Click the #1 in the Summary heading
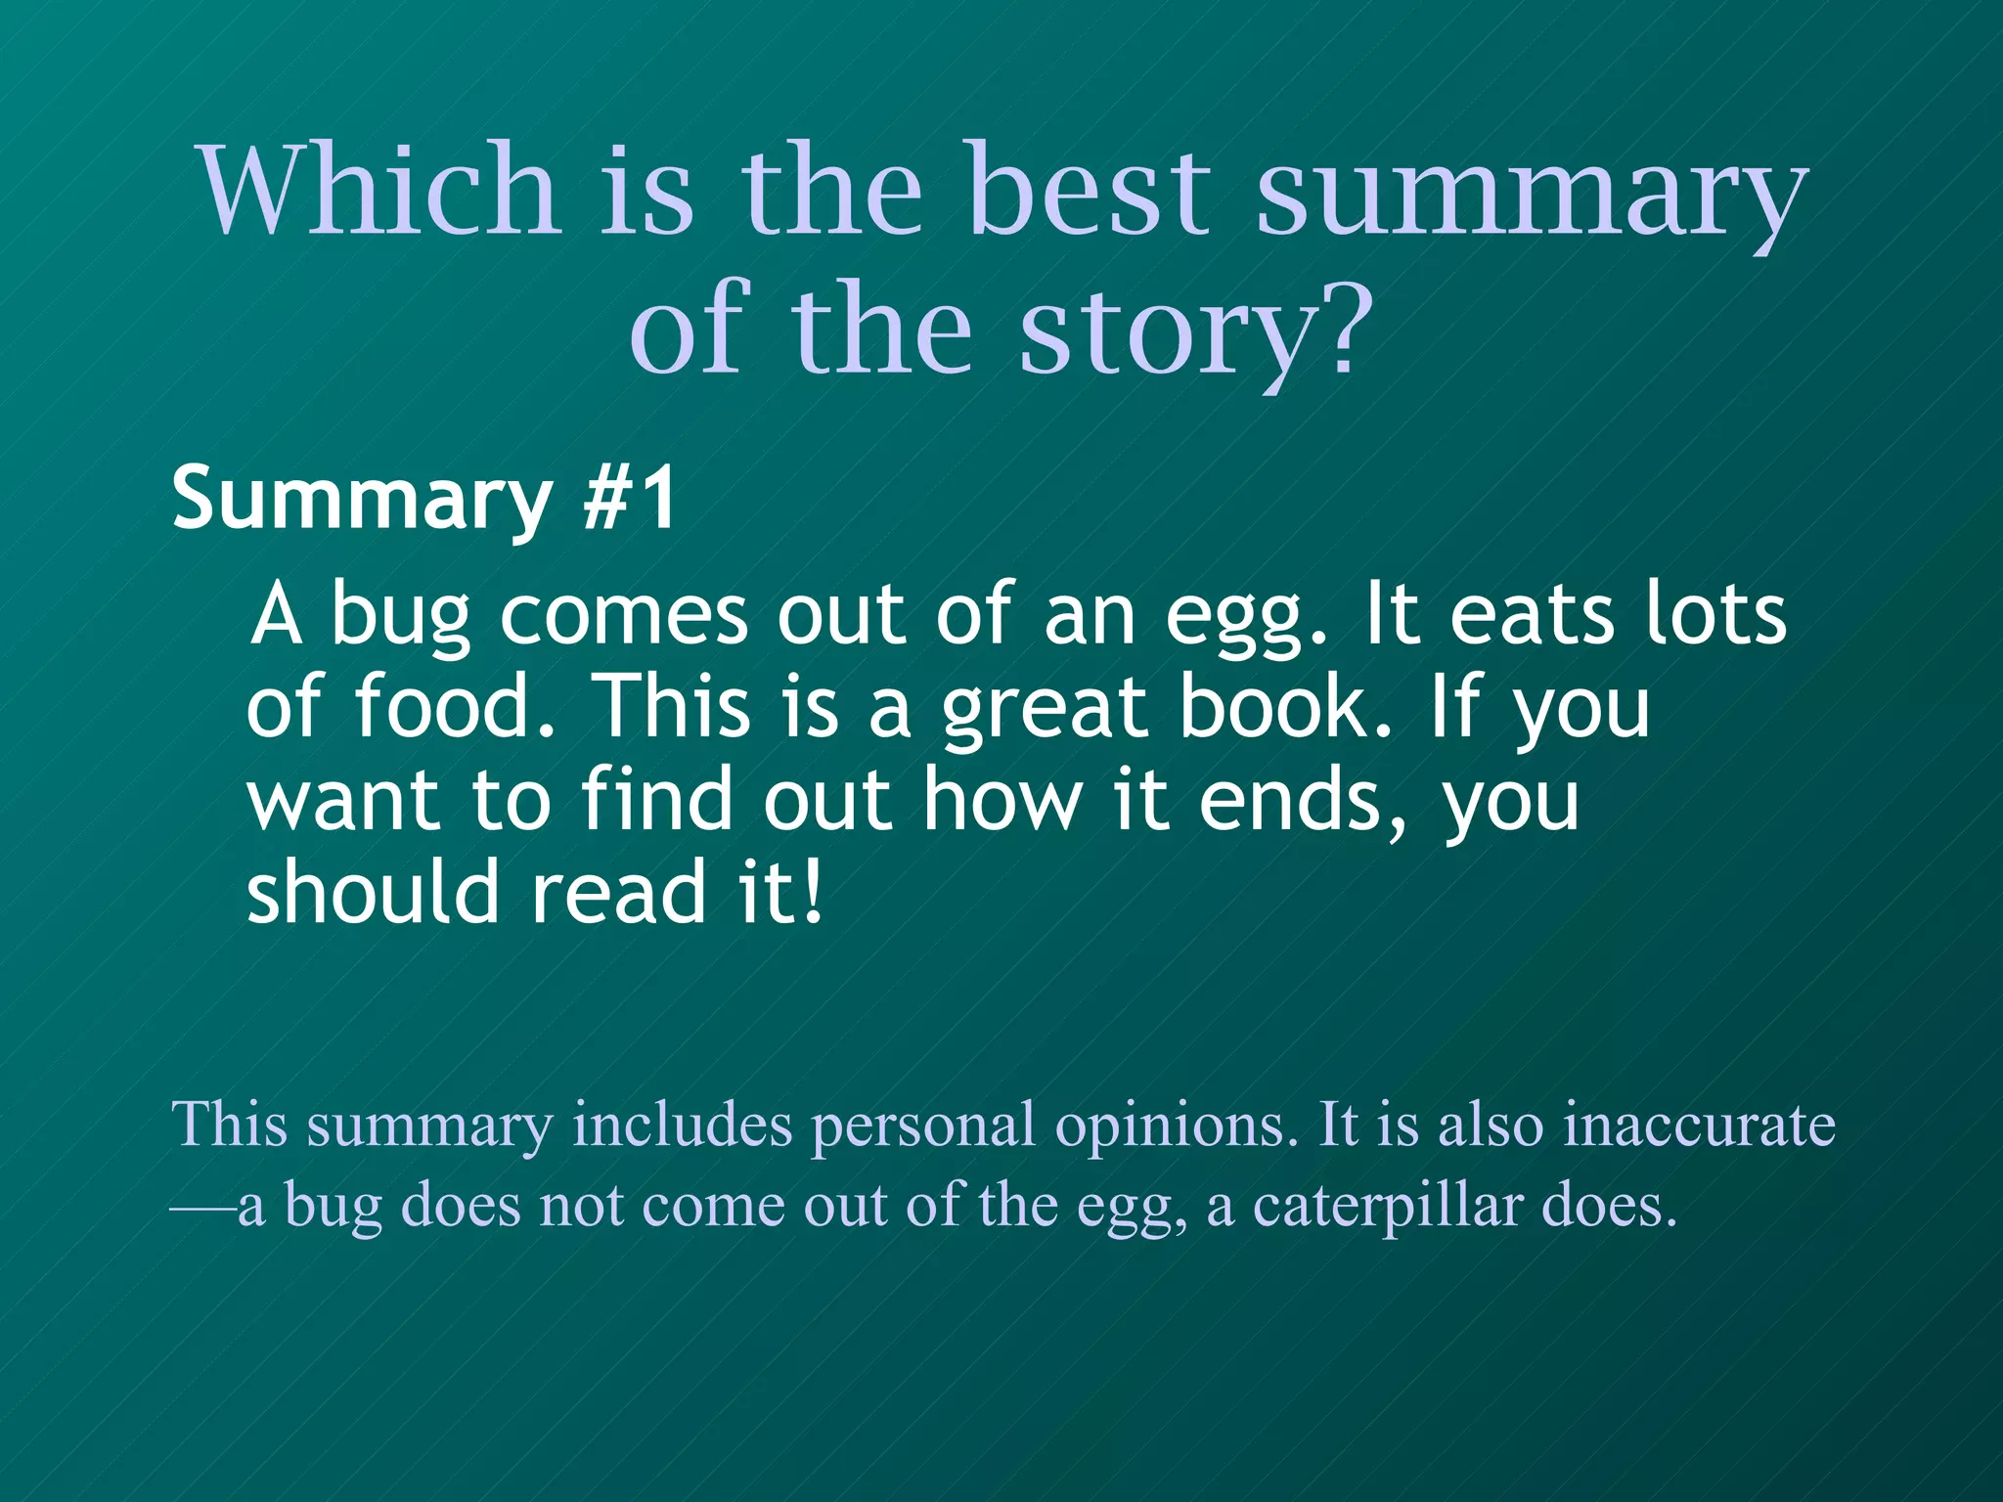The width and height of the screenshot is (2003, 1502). pyautogui.click(x=628, y=499)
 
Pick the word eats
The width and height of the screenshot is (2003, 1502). pyautogui.click(x=1531, y=614)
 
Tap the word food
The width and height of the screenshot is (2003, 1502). pyautogui.click(x=454, y=706)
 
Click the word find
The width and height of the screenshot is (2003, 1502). pyautogui.click(x=655, y=799)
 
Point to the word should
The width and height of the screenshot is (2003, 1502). pyautogui.click(x=373, y=891)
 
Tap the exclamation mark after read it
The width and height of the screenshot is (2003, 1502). pyautogui.click(x=811, y=891)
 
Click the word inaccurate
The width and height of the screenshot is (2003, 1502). pyautogui.click(x=1700, y=1125)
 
